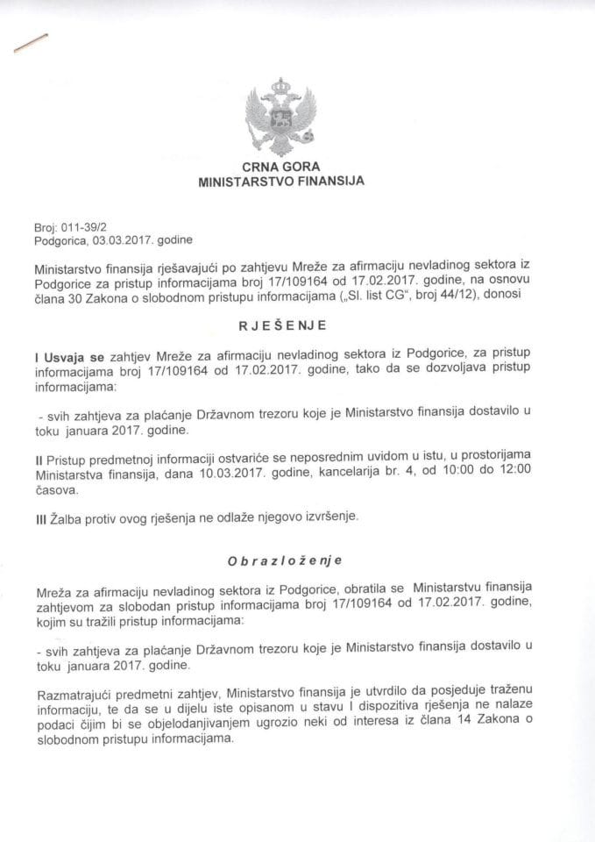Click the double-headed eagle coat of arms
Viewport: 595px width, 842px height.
(280, 117)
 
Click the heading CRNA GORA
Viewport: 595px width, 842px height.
(280, 168)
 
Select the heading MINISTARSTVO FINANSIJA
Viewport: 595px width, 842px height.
(280, 182)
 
